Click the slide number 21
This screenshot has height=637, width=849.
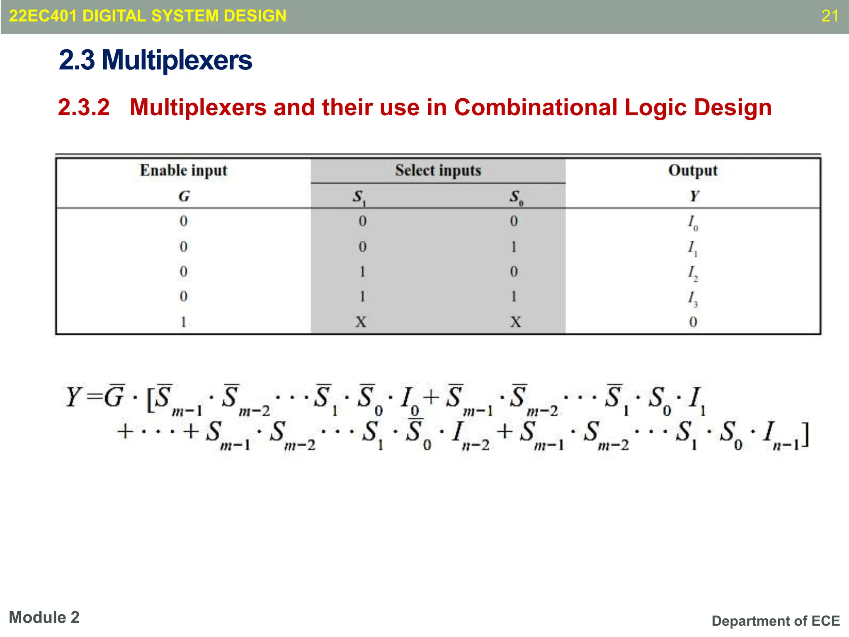[x=830, y=16]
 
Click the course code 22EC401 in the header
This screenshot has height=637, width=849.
[x=43, y=16]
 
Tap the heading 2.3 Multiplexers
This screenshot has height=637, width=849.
[x=155, y=60]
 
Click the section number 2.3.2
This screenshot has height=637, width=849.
[x=84, y=107]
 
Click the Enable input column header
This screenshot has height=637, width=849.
[x=183, y=170]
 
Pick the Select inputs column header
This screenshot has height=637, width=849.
[x=438, y=170]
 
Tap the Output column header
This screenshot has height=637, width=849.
[x=693, y=170]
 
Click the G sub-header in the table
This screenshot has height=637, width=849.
[x=184, y=196]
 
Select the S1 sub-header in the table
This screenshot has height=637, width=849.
[x=359, y=197]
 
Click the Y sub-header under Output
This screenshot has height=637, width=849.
[x=694, y=196]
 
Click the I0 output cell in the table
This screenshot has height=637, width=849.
[x=693, y=223]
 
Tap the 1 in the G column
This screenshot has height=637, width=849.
[x=183, y=322]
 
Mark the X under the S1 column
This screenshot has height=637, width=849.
[x=361, y=322]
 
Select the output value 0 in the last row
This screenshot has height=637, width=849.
[x=693, y=322]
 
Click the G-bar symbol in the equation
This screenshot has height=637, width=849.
[x=114, y=396]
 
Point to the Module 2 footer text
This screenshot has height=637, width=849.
[x=44, y=618]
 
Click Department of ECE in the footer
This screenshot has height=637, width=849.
[x=776, y=621]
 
